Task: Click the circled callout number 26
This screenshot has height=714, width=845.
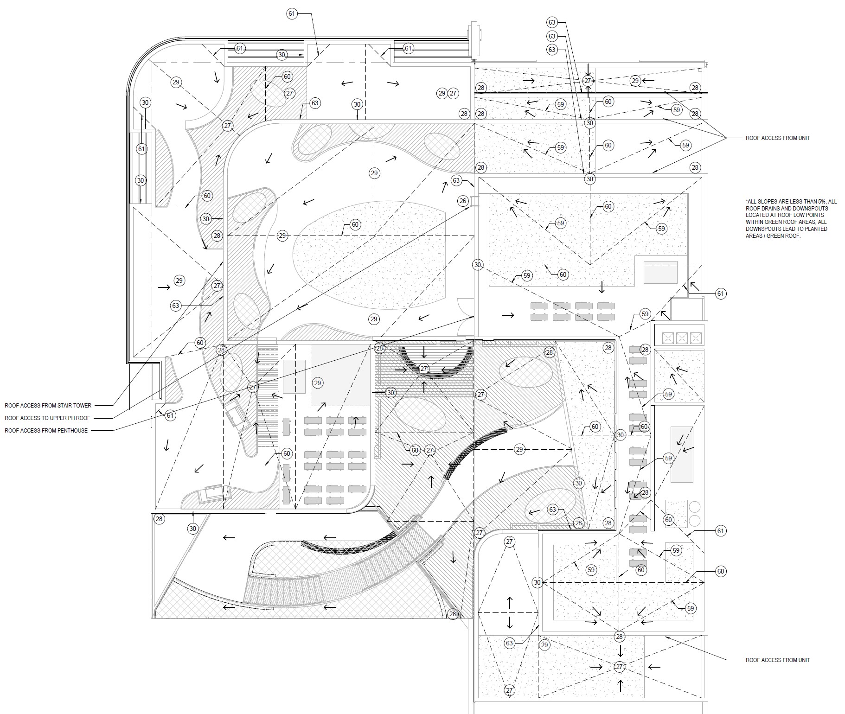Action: click(462, 201)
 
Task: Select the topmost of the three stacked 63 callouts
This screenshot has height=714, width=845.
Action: click(552, 22)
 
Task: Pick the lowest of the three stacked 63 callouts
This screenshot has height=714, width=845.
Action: click(552, 50)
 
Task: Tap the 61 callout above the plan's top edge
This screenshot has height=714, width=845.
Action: click(292, 14)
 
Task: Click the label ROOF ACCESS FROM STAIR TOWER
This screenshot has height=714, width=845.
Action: click(48, 406)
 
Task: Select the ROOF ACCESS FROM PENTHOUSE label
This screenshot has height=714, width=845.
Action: click(46, 431)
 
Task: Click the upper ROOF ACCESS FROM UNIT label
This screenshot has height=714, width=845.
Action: click(777, 138)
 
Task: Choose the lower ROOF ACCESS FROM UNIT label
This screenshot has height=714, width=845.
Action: click(777, 660)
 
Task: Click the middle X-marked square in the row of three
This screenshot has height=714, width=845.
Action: click(681, 338)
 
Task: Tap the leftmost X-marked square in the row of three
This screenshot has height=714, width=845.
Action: click(667, 338)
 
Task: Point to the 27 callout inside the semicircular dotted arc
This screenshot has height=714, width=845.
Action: click(423, 369)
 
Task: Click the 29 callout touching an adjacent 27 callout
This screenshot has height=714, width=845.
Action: click(442, 93)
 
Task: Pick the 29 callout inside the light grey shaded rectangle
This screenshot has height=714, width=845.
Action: click(317, 383)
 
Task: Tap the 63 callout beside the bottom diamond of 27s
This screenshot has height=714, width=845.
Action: click(510, 643)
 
